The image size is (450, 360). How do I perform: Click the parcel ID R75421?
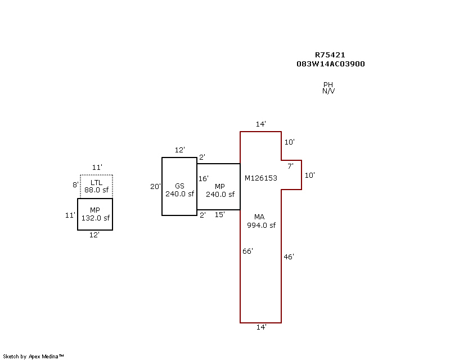click(330, 55)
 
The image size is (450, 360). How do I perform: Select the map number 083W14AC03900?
click(330, 64)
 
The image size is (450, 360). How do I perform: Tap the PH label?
click(328, 84)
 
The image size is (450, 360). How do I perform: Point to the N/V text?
click(328, 91)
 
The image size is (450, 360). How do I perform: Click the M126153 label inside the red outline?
click(260, 178)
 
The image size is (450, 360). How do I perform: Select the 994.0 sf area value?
click(261, 226)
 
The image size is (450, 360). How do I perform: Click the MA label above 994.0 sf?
click(259, 217)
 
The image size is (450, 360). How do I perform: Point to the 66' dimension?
click(247, 251)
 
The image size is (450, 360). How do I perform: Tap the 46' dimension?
click(289, 257)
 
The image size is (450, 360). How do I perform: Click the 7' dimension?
click(290, 166)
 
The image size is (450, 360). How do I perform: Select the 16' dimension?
click(203, 179)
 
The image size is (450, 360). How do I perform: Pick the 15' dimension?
click(220, 214)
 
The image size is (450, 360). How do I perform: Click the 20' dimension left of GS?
click(155, 187)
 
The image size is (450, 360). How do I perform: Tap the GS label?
click(179, 186)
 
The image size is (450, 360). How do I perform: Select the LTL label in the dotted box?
click(96, 183)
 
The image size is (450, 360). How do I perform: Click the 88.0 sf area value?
click(96, 190)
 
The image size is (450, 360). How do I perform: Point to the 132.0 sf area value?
click(95, 218)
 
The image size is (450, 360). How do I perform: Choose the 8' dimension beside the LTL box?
click(75, 184)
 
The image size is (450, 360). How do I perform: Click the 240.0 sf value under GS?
click(179, 194)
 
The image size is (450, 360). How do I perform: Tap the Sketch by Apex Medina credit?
click(34, 357)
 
